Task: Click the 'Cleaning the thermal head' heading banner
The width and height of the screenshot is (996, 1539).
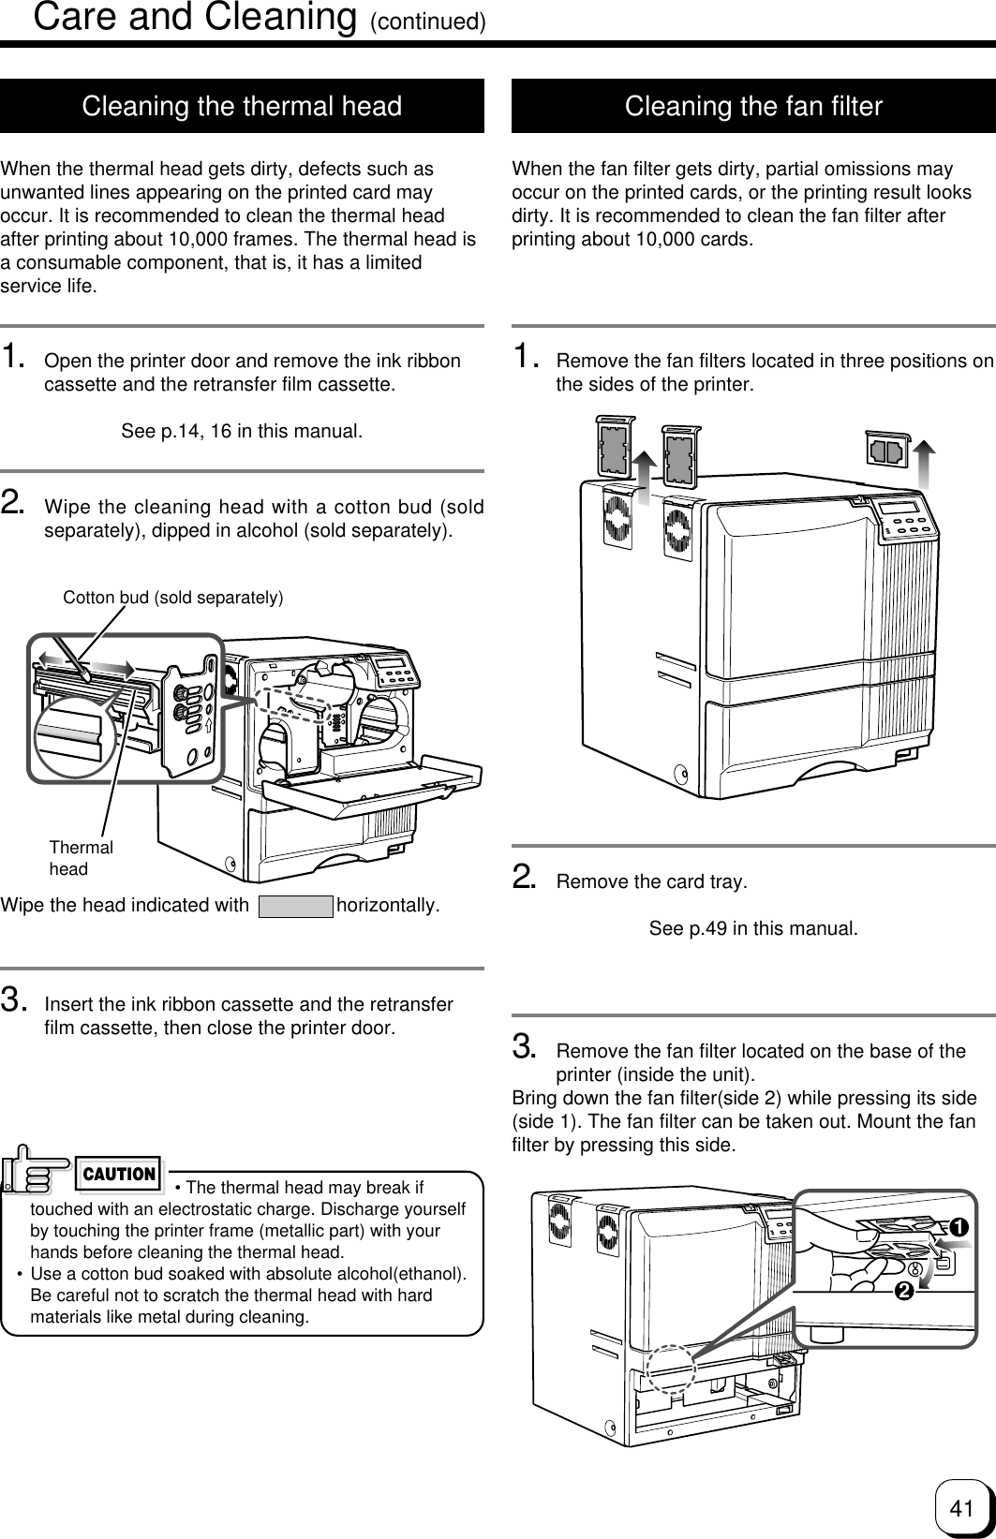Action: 242,107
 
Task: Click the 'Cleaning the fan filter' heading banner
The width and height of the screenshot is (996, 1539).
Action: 753,107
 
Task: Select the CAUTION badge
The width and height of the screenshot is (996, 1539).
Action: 119,1174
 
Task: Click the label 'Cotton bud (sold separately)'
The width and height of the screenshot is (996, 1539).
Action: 172,597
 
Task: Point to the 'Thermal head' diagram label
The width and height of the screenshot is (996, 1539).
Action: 81,858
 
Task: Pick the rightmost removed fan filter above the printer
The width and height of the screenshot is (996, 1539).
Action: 885,451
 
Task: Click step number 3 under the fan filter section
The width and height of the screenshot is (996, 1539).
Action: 524,1043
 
